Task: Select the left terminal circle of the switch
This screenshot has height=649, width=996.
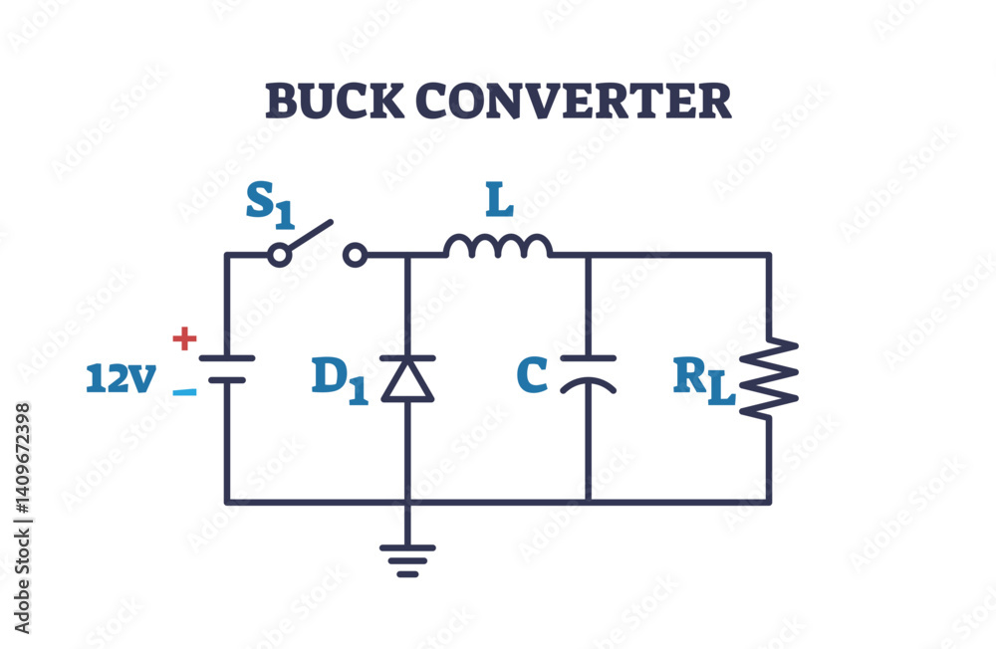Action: (281, 256)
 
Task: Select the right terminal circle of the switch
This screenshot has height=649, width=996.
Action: (354, 256)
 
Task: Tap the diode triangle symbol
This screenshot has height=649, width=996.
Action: (408, 378)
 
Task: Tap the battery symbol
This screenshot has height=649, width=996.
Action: (227, 368)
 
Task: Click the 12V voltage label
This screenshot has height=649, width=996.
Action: (121, 378)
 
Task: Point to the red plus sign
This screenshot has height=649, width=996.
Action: (184, 339)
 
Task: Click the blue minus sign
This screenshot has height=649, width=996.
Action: (184, 391)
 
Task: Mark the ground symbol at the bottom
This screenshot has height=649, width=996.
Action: (408, 558)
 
